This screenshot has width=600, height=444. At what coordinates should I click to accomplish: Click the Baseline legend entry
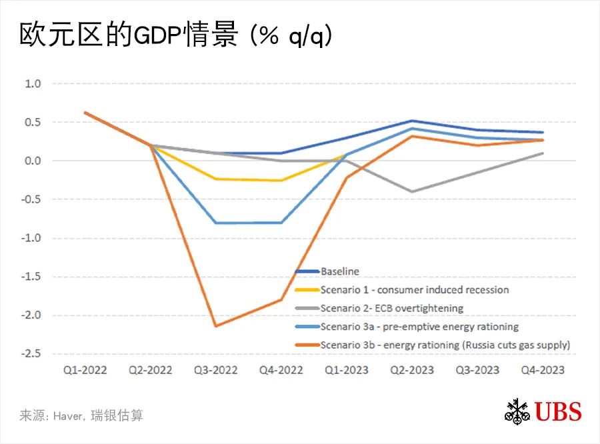(340, 271)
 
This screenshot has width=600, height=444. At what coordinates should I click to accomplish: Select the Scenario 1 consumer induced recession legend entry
(414, 290)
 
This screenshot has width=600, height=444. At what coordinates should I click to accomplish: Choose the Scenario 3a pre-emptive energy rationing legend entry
(419, 327)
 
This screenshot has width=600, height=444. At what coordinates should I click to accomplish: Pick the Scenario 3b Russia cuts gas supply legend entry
(445, 345)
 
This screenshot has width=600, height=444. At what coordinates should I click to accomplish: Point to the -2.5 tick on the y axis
(31, 354)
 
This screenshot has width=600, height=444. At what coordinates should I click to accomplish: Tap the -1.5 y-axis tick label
(31, 277)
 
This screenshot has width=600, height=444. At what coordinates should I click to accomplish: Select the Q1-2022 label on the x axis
(85, 370)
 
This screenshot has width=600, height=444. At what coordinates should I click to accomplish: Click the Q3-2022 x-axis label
(216, 370)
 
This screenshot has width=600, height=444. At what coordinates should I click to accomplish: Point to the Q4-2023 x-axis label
(543, 370)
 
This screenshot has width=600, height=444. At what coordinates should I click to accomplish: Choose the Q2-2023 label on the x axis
(412, 370)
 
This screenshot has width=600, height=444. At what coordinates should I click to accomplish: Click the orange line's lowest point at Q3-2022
(216, 326)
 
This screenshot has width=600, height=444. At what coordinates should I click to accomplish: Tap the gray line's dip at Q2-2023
(412, 191)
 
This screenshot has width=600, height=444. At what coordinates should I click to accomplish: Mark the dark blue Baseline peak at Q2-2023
(412, 121)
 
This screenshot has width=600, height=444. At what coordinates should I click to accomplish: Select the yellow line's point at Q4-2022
(281, 181)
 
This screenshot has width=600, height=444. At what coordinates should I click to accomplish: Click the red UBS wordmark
(557, 411)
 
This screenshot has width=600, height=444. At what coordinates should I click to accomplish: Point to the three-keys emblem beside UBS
(517, 411)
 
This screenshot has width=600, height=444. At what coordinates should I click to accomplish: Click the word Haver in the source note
(70, 416)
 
